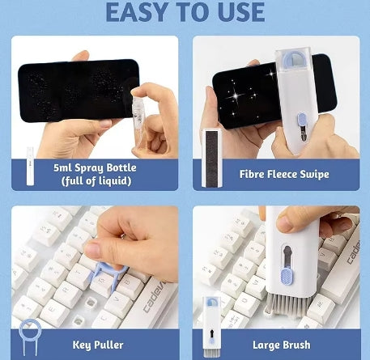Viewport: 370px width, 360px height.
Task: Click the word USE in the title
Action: pos(236,11)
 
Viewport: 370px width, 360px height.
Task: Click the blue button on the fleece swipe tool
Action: pos(302,125)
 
